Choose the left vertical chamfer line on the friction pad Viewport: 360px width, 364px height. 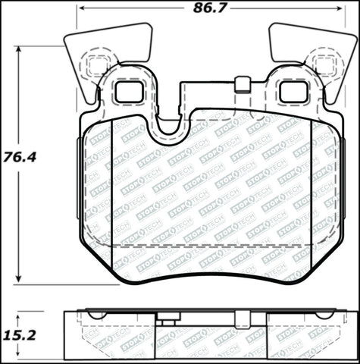112,190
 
